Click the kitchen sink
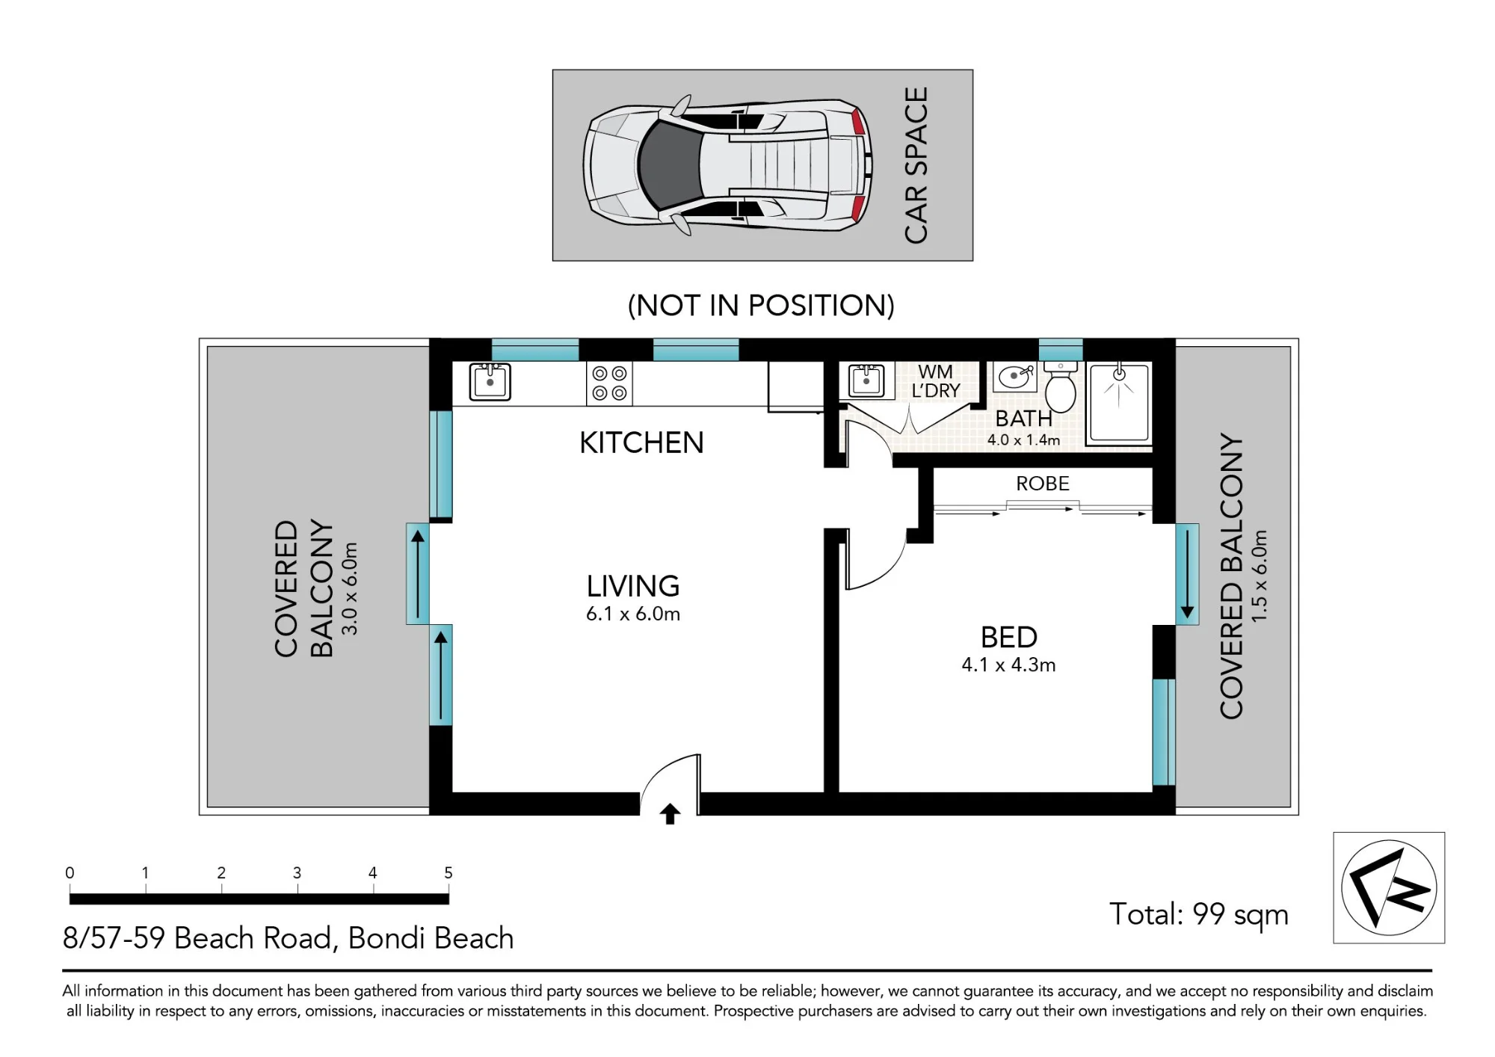point(490,382)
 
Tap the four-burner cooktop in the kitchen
point(609,383)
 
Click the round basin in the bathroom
point(1015,377)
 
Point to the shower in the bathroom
point(1118,403)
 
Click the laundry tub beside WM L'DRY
point(866,381)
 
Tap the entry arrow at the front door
point(670,814)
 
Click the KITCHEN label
point(641,443)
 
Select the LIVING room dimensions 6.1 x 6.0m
point(633,614)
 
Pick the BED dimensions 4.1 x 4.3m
point(1008,665)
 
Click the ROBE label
point(1043,484)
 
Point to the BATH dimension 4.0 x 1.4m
point(1023,440)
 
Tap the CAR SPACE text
point(916,165)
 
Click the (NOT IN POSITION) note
point(761,305)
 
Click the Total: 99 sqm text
point(1199,914)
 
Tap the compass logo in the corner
point(1389,887)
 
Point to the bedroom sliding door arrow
point(1187,576)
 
